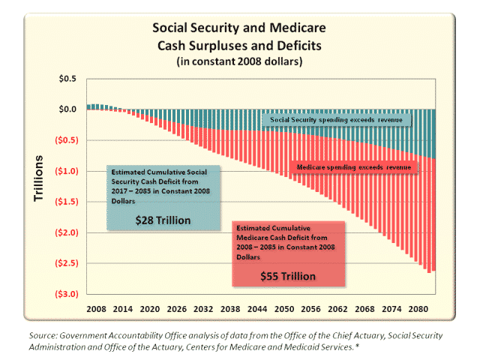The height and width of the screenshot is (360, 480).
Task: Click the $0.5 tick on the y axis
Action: (67, 78)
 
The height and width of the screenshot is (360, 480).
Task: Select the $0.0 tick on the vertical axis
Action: (67, 109)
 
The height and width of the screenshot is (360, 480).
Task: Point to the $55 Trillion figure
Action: (287, 275)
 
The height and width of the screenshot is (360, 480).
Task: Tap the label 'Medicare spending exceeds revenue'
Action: (353, 167)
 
